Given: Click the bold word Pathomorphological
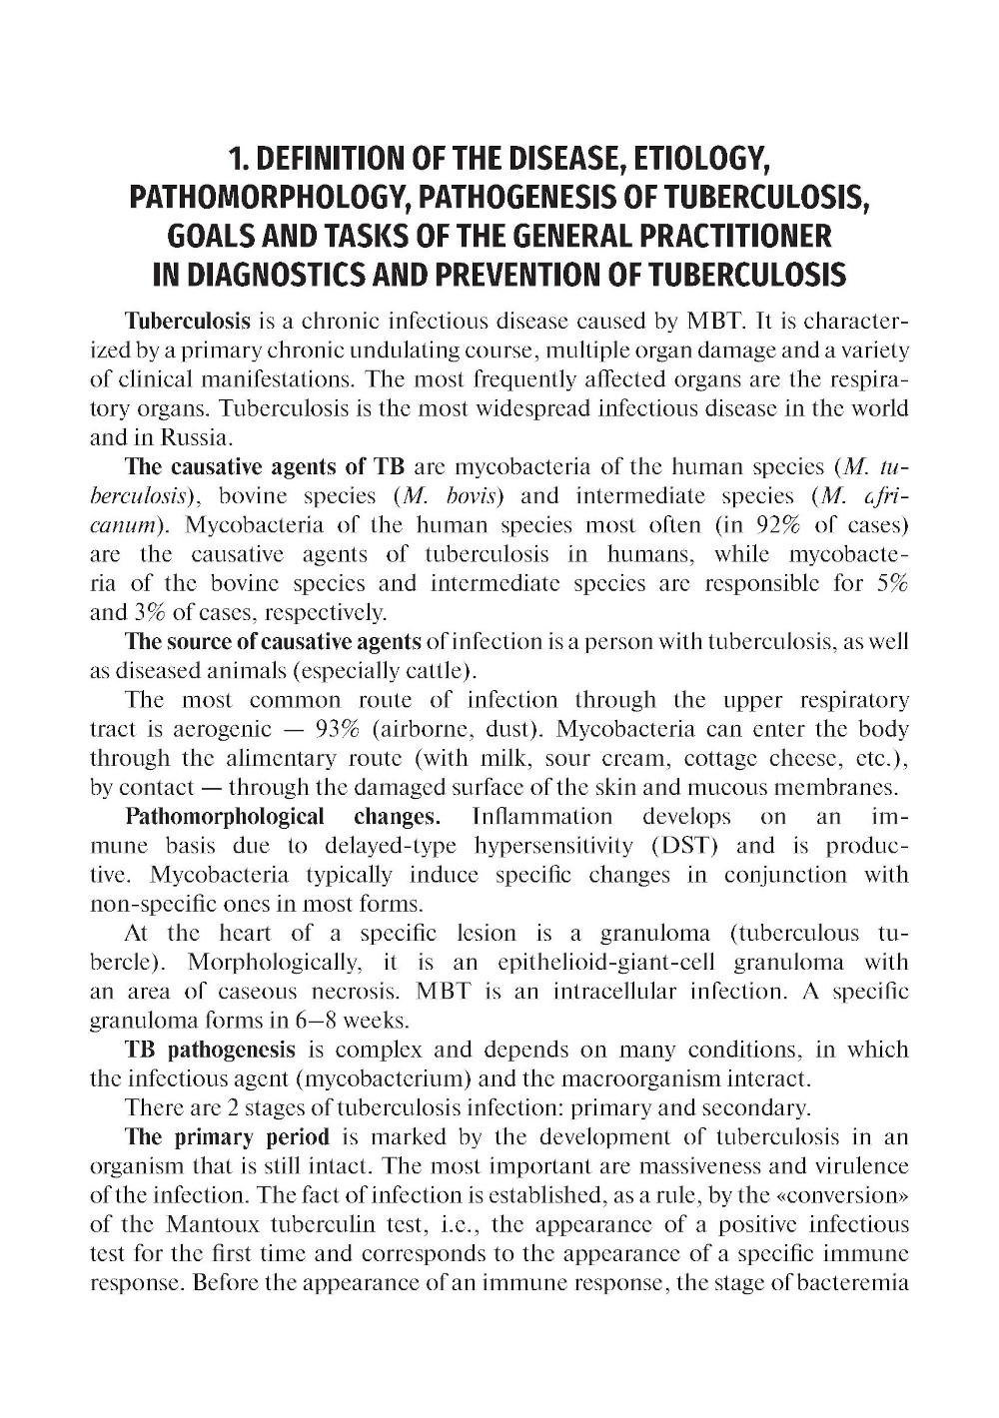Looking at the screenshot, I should click(x=225, y=817).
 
